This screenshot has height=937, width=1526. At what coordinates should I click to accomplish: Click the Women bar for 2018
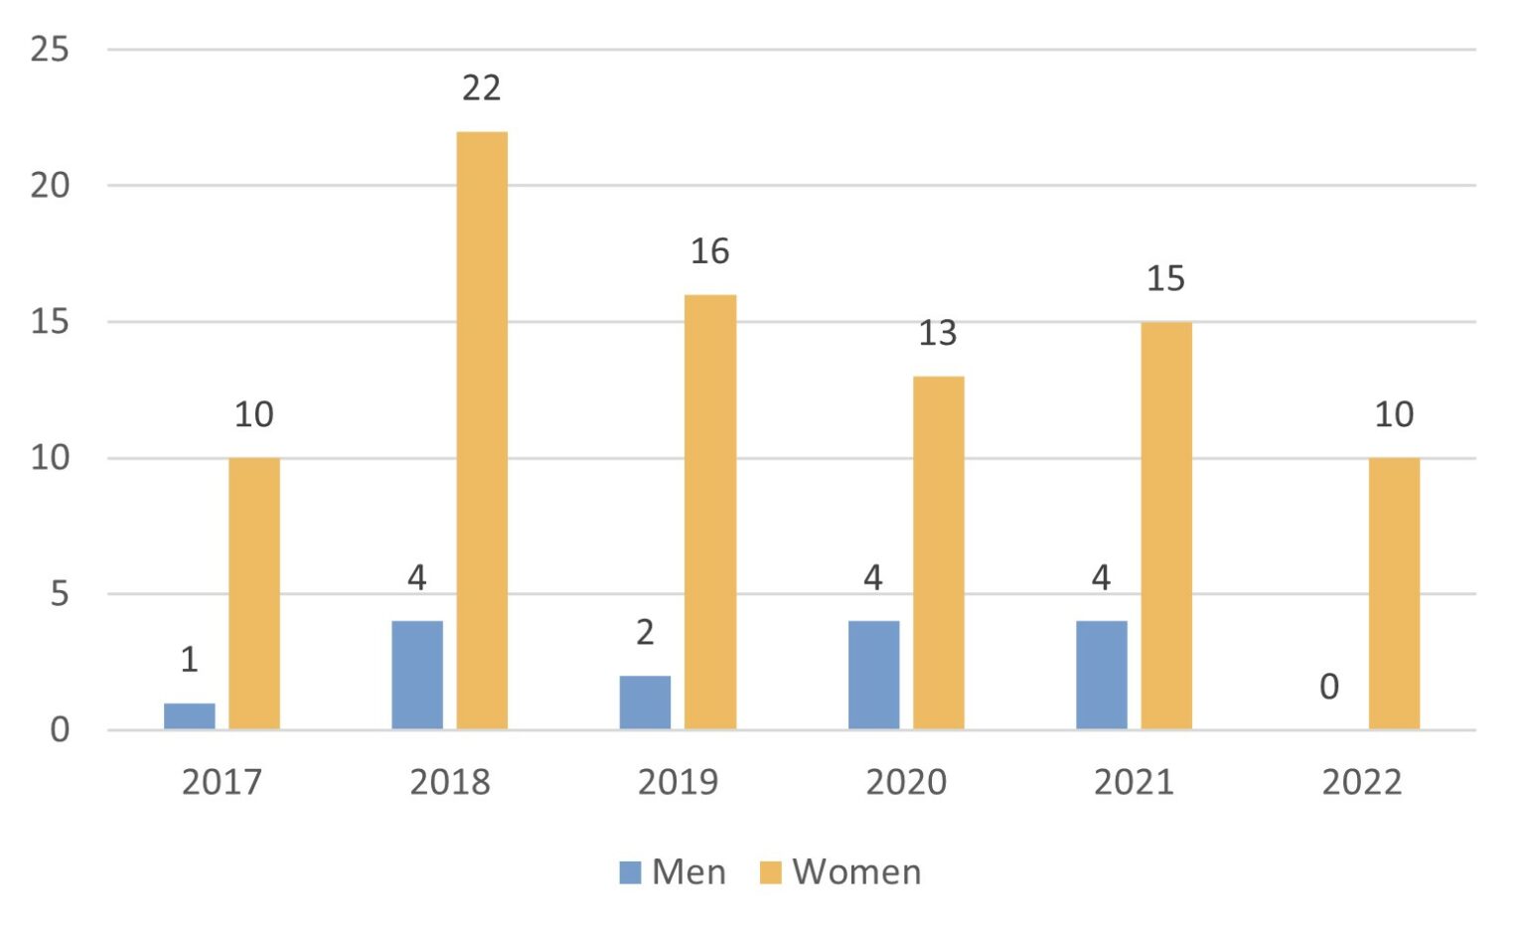(482, 430)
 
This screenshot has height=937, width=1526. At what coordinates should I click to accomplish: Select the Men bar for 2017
(189, 716)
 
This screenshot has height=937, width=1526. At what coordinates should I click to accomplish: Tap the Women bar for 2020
(938, 552)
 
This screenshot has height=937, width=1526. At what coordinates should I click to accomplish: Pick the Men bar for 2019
(645, 703)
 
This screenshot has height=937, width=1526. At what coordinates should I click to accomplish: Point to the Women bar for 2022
(1394, 593)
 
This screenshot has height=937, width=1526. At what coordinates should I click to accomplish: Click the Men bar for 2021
(1101, 676)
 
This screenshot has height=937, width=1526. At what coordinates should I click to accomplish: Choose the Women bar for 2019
(710, 512)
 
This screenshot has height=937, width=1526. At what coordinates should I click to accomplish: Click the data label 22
(481, 88)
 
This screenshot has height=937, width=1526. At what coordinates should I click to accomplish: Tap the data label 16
(709, 251)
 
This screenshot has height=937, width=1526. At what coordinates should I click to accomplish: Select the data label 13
(937, 333)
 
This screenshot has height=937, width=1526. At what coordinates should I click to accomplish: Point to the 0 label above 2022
(1328, 687)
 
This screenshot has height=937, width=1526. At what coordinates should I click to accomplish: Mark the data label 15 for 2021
(1165, 279)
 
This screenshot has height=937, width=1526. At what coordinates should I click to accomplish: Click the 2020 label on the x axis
(905, 782)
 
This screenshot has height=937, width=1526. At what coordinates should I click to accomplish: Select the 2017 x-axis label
(222, 782)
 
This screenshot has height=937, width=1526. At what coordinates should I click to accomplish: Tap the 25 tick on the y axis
(50, 49)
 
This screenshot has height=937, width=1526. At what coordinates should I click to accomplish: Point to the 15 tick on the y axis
(50, 322)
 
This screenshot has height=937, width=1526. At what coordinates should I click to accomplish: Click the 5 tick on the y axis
(59, 594)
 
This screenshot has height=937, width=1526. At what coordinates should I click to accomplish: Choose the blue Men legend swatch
(630, 872)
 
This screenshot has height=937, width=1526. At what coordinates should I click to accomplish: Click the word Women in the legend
(856, 872)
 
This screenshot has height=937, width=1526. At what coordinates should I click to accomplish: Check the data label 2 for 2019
(645, 632)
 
